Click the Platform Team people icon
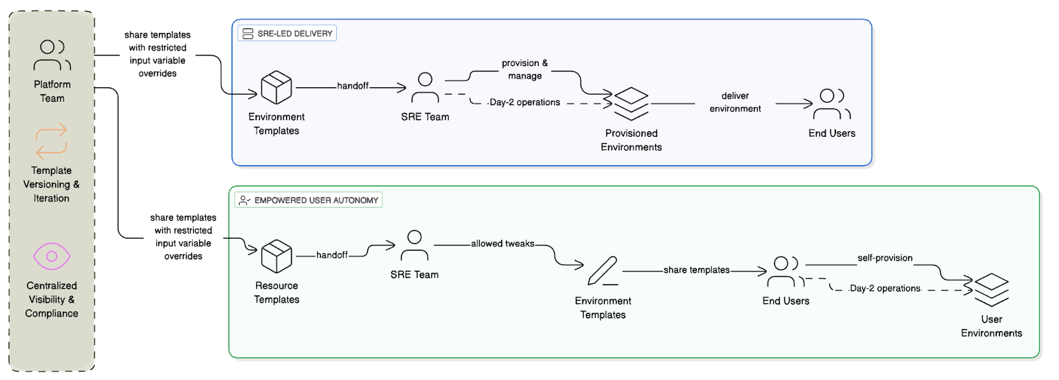pos(52,56)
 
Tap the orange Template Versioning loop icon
pos(52,141)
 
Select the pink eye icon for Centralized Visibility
pos(52,256)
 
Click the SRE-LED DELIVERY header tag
pos(287,33)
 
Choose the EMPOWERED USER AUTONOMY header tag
pos(308,200)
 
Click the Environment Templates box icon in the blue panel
pos(277,88)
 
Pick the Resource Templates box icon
pos(277,256)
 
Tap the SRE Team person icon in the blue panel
pos(425,88)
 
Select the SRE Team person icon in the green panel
pos(414,246)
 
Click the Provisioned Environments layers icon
pos(631,104)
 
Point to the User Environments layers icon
pos(991,290)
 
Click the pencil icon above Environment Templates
pos(603,271)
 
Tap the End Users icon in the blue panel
pos(831,104)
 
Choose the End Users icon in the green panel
pos(786,272)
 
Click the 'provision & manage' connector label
pos(525,69)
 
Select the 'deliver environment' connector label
pos(735,102)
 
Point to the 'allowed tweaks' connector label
pos(502,244)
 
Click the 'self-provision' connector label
pos(885,258)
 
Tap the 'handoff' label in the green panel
pos(332,255)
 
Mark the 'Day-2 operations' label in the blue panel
pos(525,102)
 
